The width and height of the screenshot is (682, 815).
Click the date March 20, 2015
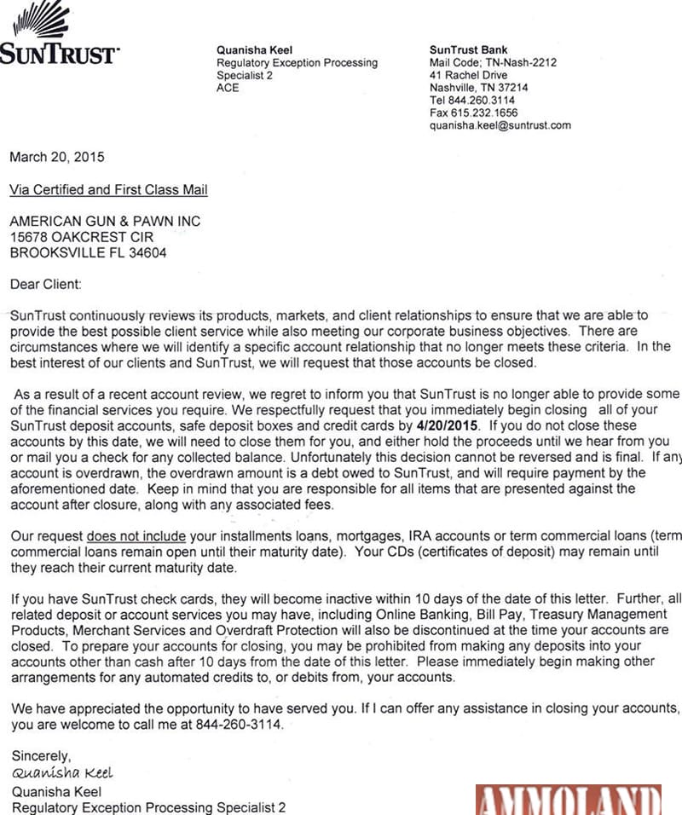click(x=57, y=157)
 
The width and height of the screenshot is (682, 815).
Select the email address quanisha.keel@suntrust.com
click(x=500, y=125)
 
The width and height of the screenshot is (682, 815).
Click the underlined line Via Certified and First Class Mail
click(x=108, y=189)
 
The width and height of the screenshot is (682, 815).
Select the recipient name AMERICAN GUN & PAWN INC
click(x=105, y=222)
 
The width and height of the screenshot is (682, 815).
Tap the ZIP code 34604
click(x=147, y=253)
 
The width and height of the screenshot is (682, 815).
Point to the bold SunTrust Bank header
click(x=469, y=50)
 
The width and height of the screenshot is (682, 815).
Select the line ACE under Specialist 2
click(x=228, y=88)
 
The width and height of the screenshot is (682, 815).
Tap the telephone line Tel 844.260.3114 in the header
click(x=472, y=100)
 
